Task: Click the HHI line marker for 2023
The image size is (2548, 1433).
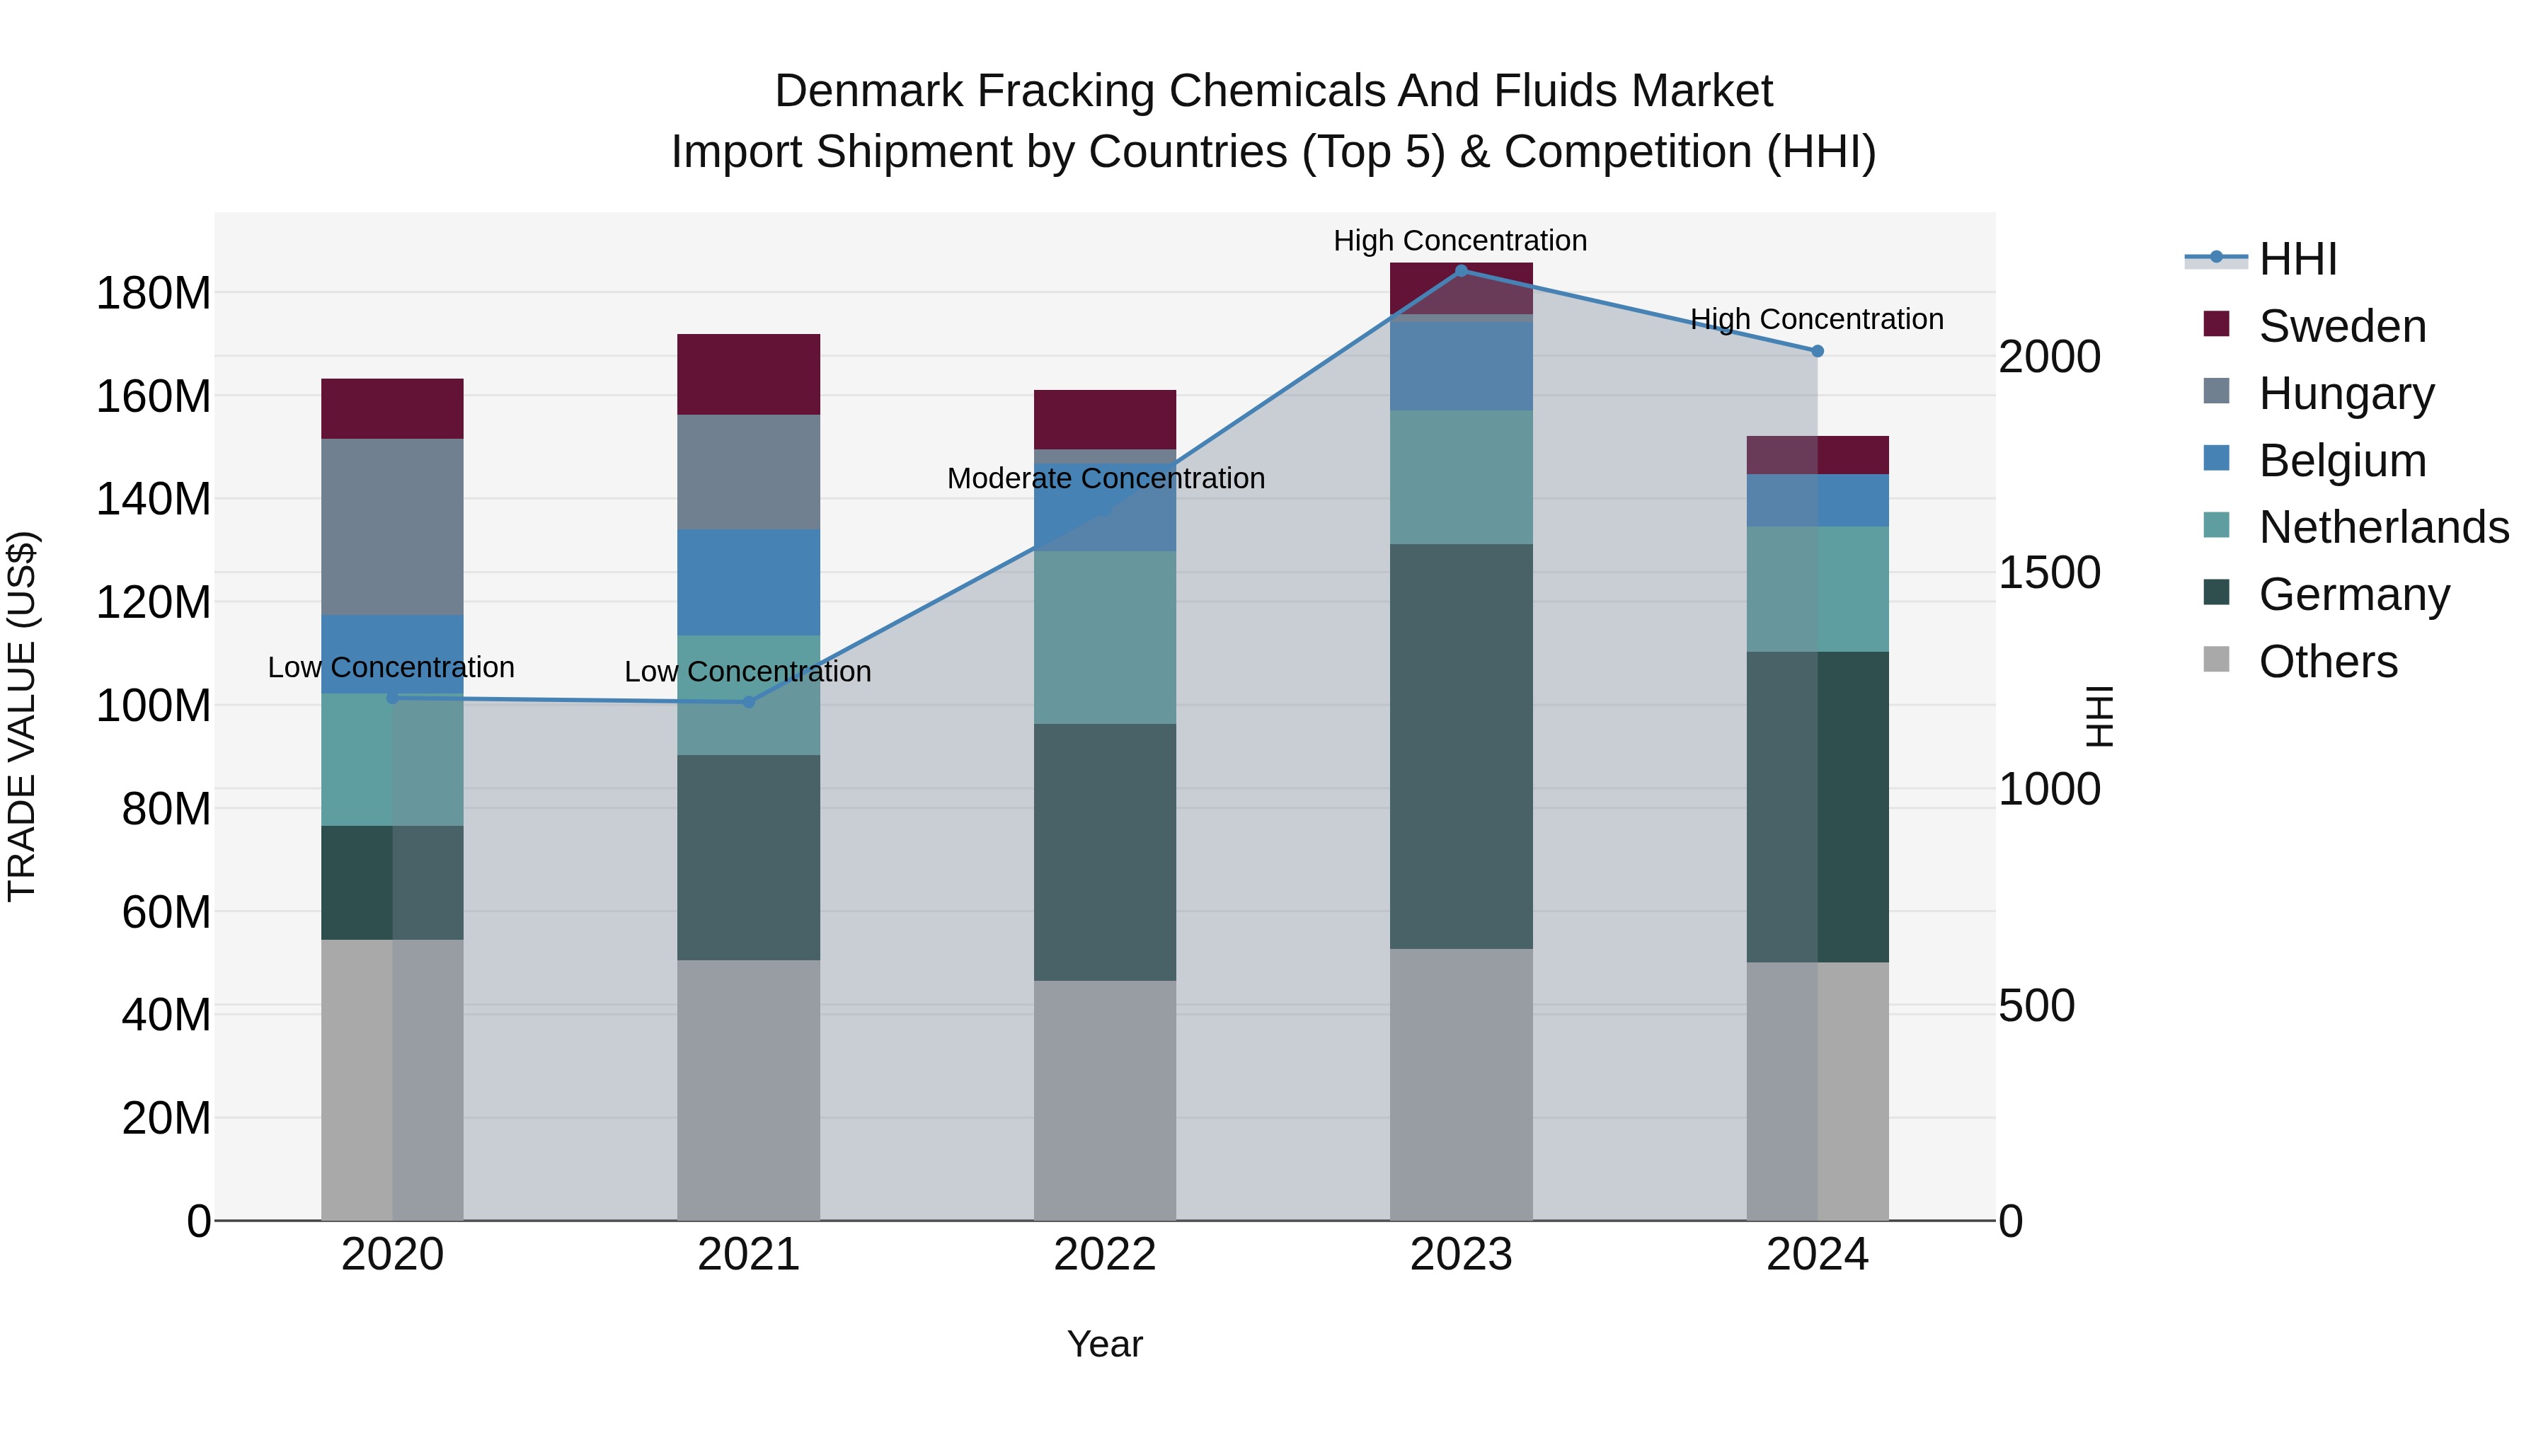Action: (1461, 271)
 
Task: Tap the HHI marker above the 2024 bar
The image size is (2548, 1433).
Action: (1817, 351)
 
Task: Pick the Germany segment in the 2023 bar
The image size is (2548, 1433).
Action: (1461, 747)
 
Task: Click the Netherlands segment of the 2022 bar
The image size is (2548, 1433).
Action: (1105, 637)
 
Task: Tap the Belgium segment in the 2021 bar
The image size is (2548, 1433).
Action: (749, 582)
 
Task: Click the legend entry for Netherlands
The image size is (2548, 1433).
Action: (2384, 527)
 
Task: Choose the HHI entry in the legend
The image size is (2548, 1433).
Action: (2297, 259)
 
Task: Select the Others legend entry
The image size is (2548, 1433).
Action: (2327, 662)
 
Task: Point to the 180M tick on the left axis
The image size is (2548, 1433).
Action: (154, 294)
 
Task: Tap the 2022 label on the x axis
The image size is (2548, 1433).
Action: (1105, 1255)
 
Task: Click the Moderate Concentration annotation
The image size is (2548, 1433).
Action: (1106, 478)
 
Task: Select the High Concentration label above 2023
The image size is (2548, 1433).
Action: (1460, 241)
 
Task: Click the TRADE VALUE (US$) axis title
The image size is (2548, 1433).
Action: (22, 716)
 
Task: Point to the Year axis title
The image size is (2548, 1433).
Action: (1105, 1344)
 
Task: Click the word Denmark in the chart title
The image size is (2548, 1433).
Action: (868, 91)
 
